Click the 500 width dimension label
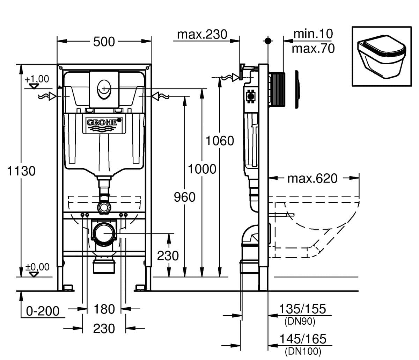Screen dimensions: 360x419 (104, 42)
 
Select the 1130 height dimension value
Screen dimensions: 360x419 (21, 171)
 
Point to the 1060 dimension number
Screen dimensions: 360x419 (219, 141)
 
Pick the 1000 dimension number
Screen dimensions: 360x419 (202, 169)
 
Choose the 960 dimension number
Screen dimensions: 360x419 (185, 197)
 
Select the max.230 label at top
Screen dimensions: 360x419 (202, 34)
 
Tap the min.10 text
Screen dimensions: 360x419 (313, 34)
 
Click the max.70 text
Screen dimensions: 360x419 (313, 48)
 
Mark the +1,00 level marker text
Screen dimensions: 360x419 (37, 79)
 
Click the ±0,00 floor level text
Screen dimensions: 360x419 (37, 267)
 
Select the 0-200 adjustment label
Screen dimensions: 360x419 (43, 311)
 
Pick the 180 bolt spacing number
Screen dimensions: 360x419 (104, 309)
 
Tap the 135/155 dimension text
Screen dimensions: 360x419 (302, 309)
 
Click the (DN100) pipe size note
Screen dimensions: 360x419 (302, 351)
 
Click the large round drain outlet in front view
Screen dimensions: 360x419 (104, 233)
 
